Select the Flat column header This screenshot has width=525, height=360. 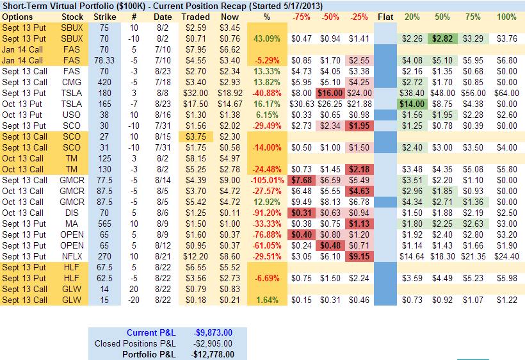(385, 16)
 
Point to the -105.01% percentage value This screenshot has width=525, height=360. (267, 180)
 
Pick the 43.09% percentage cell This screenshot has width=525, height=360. (267, 38)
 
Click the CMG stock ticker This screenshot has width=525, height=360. (72, 82)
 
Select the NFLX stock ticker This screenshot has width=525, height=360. (72, 256)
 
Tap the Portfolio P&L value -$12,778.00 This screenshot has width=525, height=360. (214, 354)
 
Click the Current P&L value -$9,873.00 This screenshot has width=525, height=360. (214, 332)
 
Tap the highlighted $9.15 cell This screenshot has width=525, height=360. (359, 256)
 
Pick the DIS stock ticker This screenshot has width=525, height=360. (72, 213)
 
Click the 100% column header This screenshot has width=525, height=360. (506, 16)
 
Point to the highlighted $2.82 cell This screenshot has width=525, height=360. (441, 38)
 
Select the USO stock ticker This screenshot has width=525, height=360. (72, 115)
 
